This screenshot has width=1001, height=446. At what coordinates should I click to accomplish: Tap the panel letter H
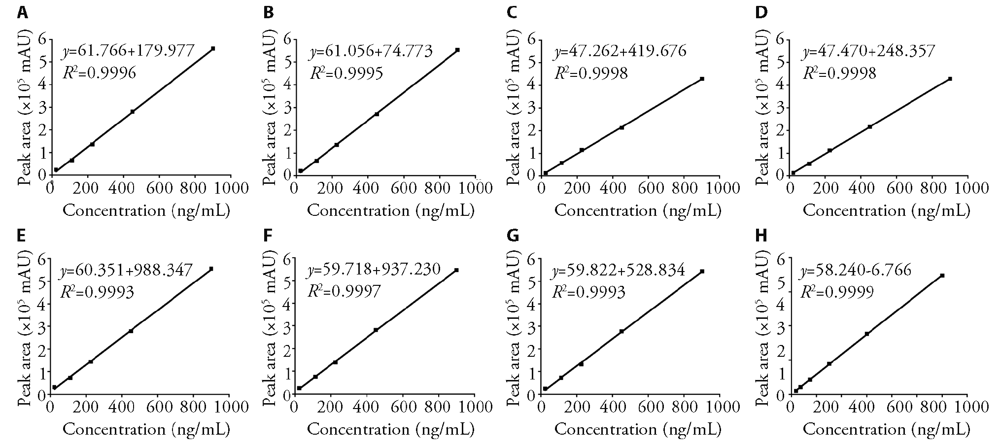point(761,236)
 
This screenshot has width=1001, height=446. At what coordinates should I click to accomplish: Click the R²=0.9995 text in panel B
point(346,73)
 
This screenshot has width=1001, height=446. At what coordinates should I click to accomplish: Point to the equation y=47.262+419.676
point(620,50)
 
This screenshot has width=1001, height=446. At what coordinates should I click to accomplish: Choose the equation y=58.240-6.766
point(856,270)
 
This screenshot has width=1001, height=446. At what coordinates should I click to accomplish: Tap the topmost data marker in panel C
point(702,79)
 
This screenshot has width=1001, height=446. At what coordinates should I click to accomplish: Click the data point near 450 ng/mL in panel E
point(131,331)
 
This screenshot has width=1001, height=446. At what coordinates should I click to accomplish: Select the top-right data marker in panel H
point(942,275)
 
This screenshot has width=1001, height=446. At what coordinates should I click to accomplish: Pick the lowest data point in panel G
point(545,389)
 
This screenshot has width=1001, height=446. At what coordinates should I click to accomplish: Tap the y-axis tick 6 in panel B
point(287,39)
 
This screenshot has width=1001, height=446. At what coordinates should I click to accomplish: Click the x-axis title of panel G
point(637,430)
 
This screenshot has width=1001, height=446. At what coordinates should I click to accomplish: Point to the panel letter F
point(268,236)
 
